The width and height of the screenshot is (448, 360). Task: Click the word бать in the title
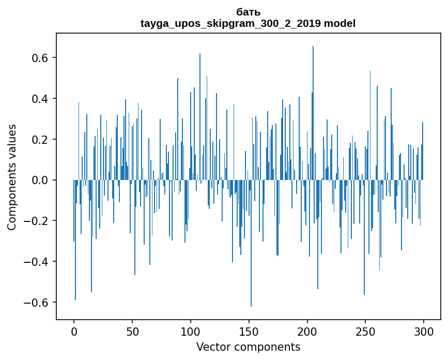click(x=248, y=12)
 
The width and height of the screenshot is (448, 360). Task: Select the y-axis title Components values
click(x=12, y=177)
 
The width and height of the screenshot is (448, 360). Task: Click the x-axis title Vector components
click(x=248, y=347)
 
